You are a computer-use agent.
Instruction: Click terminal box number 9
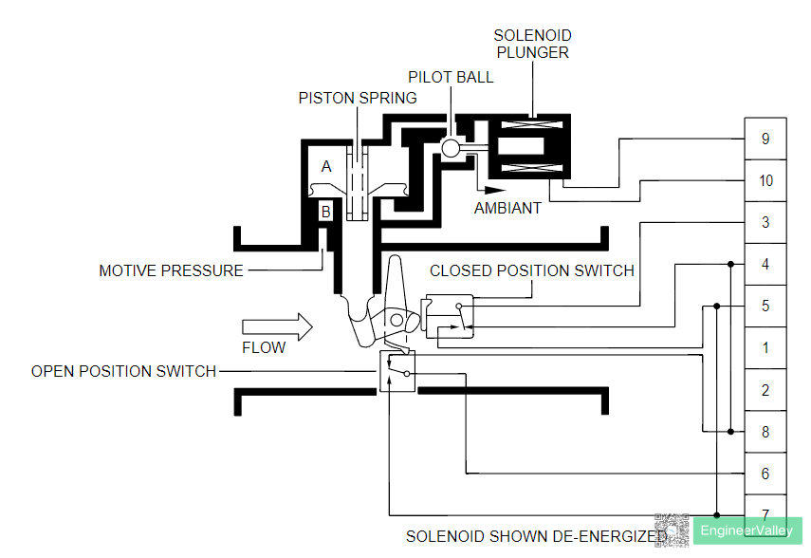(x=765, y=139)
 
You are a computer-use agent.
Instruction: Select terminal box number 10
(x=765, y=180)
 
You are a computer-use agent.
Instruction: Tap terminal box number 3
(x=765, y=222)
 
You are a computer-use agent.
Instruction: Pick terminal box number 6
(x=765, y=474)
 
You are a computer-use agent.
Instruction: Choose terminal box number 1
(x=765, y=347)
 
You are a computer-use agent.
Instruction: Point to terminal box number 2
(x=765, y=390)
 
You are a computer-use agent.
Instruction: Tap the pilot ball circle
(x=451, y=147)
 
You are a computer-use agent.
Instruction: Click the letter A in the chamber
(x=326, y=166)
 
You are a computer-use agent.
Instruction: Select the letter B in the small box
(x=325, y=212)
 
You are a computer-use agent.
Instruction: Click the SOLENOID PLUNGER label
(x=532, y=44)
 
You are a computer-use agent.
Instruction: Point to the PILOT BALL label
(x=451, y=77)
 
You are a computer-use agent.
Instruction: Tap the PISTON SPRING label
(x=358, y=98)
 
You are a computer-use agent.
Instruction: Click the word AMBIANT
(x=507, y=208)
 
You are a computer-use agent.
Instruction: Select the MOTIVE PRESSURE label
(x=171, y=270)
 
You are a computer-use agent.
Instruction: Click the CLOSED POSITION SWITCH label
(x=531, y=270)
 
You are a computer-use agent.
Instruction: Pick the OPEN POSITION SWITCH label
(x=123, y=371)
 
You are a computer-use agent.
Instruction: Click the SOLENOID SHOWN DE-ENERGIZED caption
(x=536, y=536)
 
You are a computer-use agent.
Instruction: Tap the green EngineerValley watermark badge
(x=746, y=531)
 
